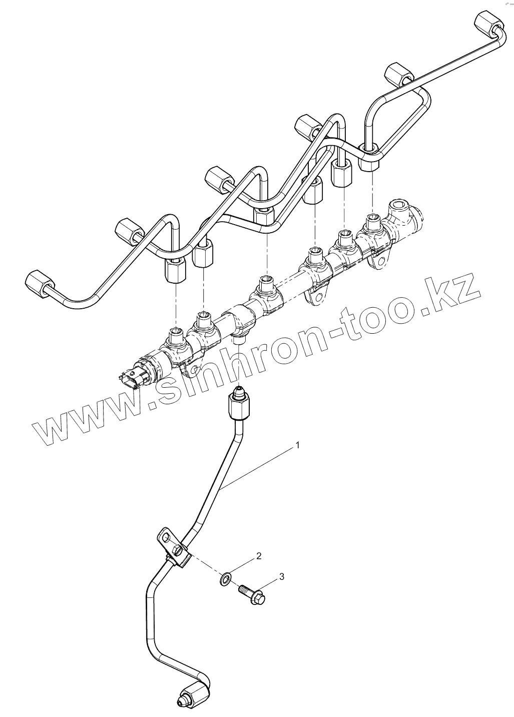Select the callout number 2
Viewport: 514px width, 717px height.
coord(259,556)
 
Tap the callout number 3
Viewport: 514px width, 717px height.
coord(282,577)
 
